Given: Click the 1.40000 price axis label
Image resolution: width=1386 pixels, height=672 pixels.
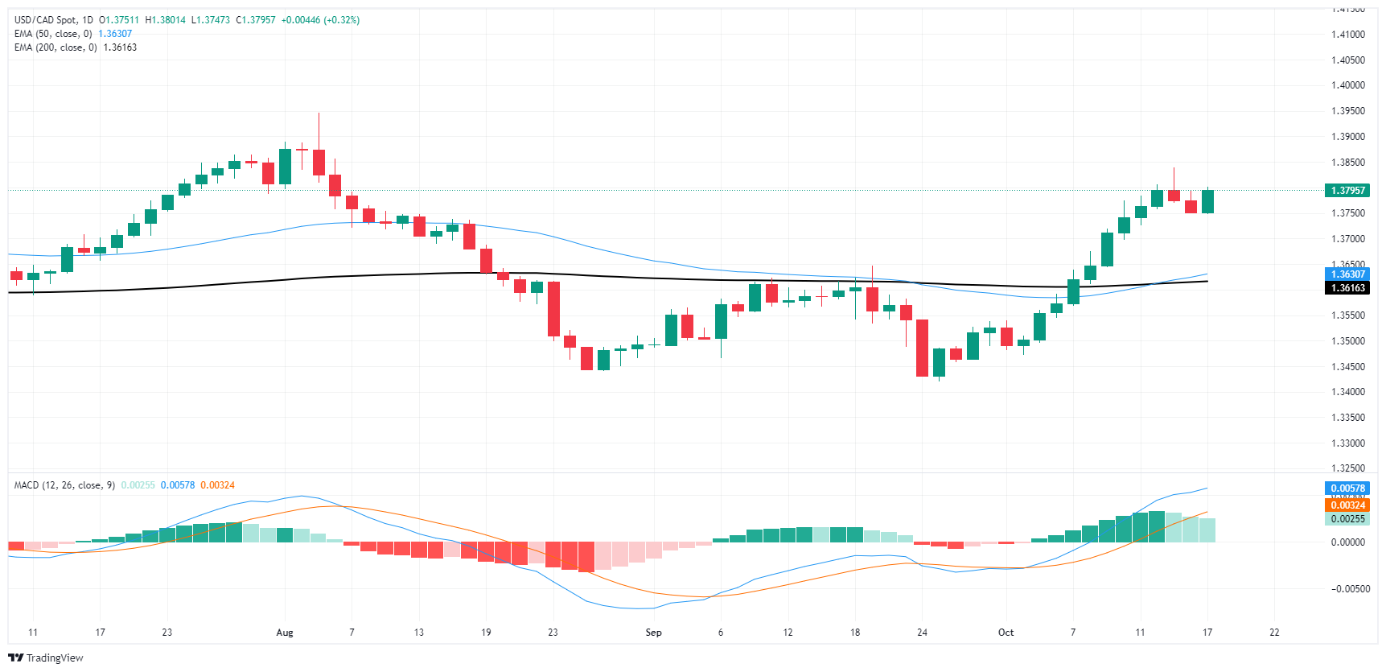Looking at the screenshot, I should pyautogui.click(x=1347, y=85).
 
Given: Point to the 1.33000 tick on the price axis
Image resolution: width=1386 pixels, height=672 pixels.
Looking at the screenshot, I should pyautogui.click(x=1347, y=443).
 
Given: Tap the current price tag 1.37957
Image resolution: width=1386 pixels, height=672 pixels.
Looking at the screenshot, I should pyautogui.click(x=1347, y=191).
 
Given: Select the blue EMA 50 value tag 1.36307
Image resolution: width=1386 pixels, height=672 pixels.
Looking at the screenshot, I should pyautogui.click(x=1347, y=274).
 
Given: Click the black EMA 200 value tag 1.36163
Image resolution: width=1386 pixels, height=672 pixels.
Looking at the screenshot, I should pyautogui.click(x=1347, y=288).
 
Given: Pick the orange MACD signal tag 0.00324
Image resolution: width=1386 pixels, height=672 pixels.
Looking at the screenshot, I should pyautogui.click(x=1347, y=505).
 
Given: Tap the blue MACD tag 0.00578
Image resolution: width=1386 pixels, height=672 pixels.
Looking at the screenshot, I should pyautogui.click(x=1347, y=489).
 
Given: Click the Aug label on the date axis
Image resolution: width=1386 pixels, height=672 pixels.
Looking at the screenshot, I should pyautogui.click(x=285, y=633).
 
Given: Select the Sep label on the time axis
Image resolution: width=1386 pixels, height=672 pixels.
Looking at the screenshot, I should pyautogui.click(x=653, y=633).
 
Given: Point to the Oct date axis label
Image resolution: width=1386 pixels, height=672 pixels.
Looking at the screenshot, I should pyautogui.click(x=1006, y=633).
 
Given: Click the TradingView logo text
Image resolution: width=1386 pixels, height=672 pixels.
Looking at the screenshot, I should pyautogui.click(x=54, y=658).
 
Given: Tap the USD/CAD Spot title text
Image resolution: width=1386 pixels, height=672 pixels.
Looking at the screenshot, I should pyautogui.click(x=53, y=20).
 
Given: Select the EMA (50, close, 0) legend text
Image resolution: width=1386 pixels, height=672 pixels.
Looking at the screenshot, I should pyautogui.click(x=53, y=34).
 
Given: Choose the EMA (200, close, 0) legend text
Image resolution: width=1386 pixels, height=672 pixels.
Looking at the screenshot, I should pyautogui.click(x=56, y=47).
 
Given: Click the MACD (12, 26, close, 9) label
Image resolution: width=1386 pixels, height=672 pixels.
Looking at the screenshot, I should pyautogui.click(x=64, y=485).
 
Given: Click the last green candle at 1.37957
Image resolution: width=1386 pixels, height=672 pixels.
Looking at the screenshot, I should pyautogui.click(x=1207, y=201).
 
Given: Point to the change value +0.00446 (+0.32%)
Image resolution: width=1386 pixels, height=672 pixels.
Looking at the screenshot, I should pyautogui.click(x=320, y=20).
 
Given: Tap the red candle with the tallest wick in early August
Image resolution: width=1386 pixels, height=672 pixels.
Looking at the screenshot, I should pyautogui.click(x=319, y=161).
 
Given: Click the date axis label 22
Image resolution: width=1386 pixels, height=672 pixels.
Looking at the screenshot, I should pyautogui.click(x=1274, y=633).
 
